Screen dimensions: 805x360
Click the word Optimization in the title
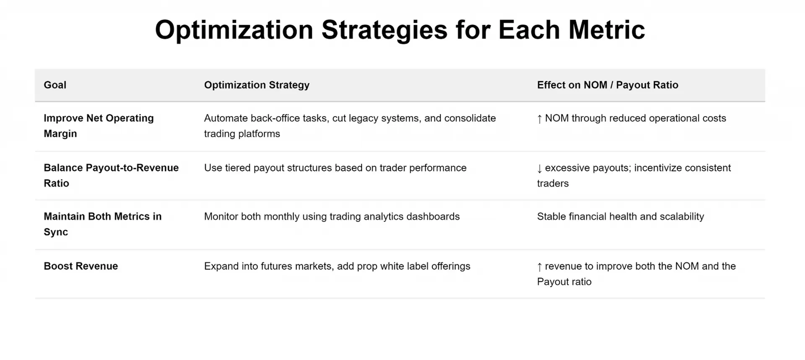tap(234, 30)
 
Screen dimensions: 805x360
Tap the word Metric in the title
tap(606, 30)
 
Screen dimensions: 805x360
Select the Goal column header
tap(55, 85)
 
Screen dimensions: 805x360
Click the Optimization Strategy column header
tap(257, 85)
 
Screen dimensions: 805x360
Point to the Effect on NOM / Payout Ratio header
tap(608, 85)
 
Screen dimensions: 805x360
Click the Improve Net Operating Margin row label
tap(99, 126)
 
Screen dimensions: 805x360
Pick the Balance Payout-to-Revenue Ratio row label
tap(111, 175)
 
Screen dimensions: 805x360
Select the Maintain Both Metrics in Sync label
tap(103, 224)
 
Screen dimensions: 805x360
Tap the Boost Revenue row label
tap(81, 266)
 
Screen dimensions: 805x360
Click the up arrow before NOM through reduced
tap(540, 119)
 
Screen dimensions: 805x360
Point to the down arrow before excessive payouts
tap(540, 168)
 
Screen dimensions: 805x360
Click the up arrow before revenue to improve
tap(540, 267)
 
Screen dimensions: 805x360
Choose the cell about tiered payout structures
tap(335, 168)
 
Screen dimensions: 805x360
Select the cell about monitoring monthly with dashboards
tap(332, 217)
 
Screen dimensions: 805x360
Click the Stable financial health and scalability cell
tap(621, 217)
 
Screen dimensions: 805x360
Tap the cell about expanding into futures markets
tap(337, 266)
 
